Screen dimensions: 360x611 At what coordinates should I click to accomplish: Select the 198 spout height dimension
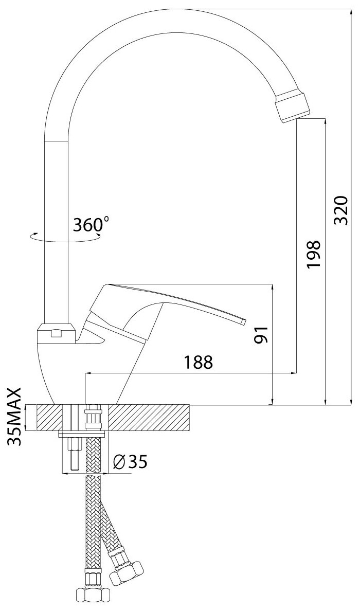(313, 254)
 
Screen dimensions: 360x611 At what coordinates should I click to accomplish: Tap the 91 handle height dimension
(260, 334)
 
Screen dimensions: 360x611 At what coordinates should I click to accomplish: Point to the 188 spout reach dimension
(199, 363)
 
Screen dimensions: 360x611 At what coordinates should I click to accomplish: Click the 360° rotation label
(91, 225)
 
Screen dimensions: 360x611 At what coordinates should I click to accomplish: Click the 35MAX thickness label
(14, 417)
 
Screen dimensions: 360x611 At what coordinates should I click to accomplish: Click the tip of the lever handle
(244, 321)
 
